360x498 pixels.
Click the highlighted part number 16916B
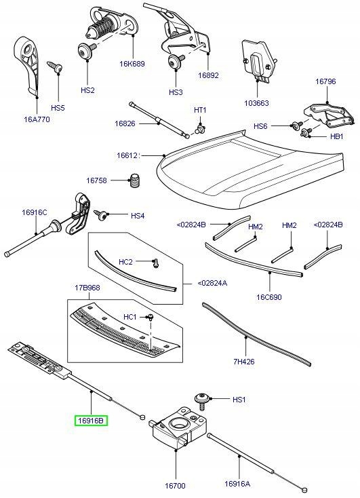click(91, 421)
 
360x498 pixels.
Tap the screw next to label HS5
click(54, 67)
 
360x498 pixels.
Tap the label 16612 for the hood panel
click(127, 155)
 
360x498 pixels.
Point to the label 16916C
click(34, 212)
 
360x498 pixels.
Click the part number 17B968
click(87, 288)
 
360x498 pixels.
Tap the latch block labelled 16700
click(178, 427)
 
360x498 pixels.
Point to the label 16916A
click(237, 483)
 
